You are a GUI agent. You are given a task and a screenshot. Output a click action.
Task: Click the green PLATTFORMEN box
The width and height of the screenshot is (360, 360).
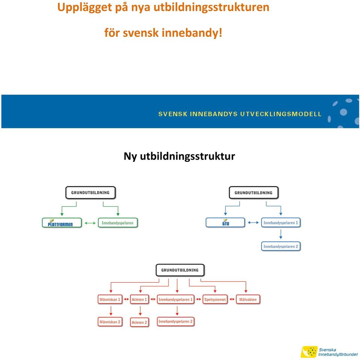[62, 223]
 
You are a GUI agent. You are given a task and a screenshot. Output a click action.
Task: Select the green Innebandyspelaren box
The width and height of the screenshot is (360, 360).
[118, 223]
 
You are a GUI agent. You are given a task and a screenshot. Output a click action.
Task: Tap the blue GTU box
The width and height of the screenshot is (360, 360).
[225, 222]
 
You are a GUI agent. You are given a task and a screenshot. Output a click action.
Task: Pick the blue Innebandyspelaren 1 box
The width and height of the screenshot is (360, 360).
[281, 222]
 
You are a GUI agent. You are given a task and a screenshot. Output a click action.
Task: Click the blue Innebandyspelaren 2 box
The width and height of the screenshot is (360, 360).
[281, 246]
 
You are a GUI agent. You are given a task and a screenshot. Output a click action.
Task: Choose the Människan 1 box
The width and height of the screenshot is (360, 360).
[110, 299]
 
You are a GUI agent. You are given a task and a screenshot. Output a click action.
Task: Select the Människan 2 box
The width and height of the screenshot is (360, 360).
[110, 322]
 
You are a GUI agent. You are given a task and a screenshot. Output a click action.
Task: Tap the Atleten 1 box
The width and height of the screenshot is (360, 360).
[139, 299]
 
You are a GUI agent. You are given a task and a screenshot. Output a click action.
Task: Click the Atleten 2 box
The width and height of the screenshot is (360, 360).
[139, 322]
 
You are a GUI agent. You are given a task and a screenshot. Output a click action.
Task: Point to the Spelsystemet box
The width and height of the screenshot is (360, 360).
[215, 299]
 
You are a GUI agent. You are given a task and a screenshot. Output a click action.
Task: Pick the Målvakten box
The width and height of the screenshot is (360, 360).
[248, 299]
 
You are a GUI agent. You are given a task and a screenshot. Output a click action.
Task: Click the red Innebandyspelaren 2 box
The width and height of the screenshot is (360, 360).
[175, 321]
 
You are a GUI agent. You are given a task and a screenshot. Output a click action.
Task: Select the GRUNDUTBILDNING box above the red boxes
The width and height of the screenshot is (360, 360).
[180, 270]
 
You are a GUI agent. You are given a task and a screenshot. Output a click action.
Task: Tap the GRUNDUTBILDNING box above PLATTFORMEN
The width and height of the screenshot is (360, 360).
[90, 193]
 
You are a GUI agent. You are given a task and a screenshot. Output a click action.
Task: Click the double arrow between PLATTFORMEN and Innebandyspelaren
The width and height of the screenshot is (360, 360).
[90, 223]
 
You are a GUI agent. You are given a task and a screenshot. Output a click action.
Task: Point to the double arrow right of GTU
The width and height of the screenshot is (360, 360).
[253, 222]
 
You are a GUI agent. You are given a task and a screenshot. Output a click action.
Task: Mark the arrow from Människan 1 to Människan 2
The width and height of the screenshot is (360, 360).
[111, 310]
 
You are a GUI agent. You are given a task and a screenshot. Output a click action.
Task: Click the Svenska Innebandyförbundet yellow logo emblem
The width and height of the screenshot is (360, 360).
[309, 352]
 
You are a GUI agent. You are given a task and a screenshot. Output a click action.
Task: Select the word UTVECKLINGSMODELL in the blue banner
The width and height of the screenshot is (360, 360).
[281, 114]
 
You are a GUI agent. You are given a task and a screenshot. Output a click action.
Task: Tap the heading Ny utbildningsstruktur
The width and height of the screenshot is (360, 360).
[179, 156]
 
